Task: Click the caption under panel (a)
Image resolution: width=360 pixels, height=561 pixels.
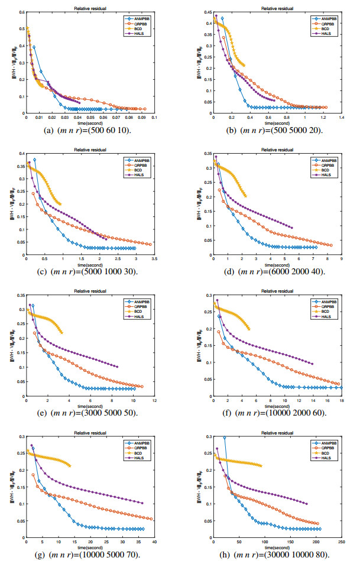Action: [x=88, y=131]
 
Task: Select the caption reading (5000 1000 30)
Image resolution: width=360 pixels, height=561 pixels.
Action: [x=88, y=271]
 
